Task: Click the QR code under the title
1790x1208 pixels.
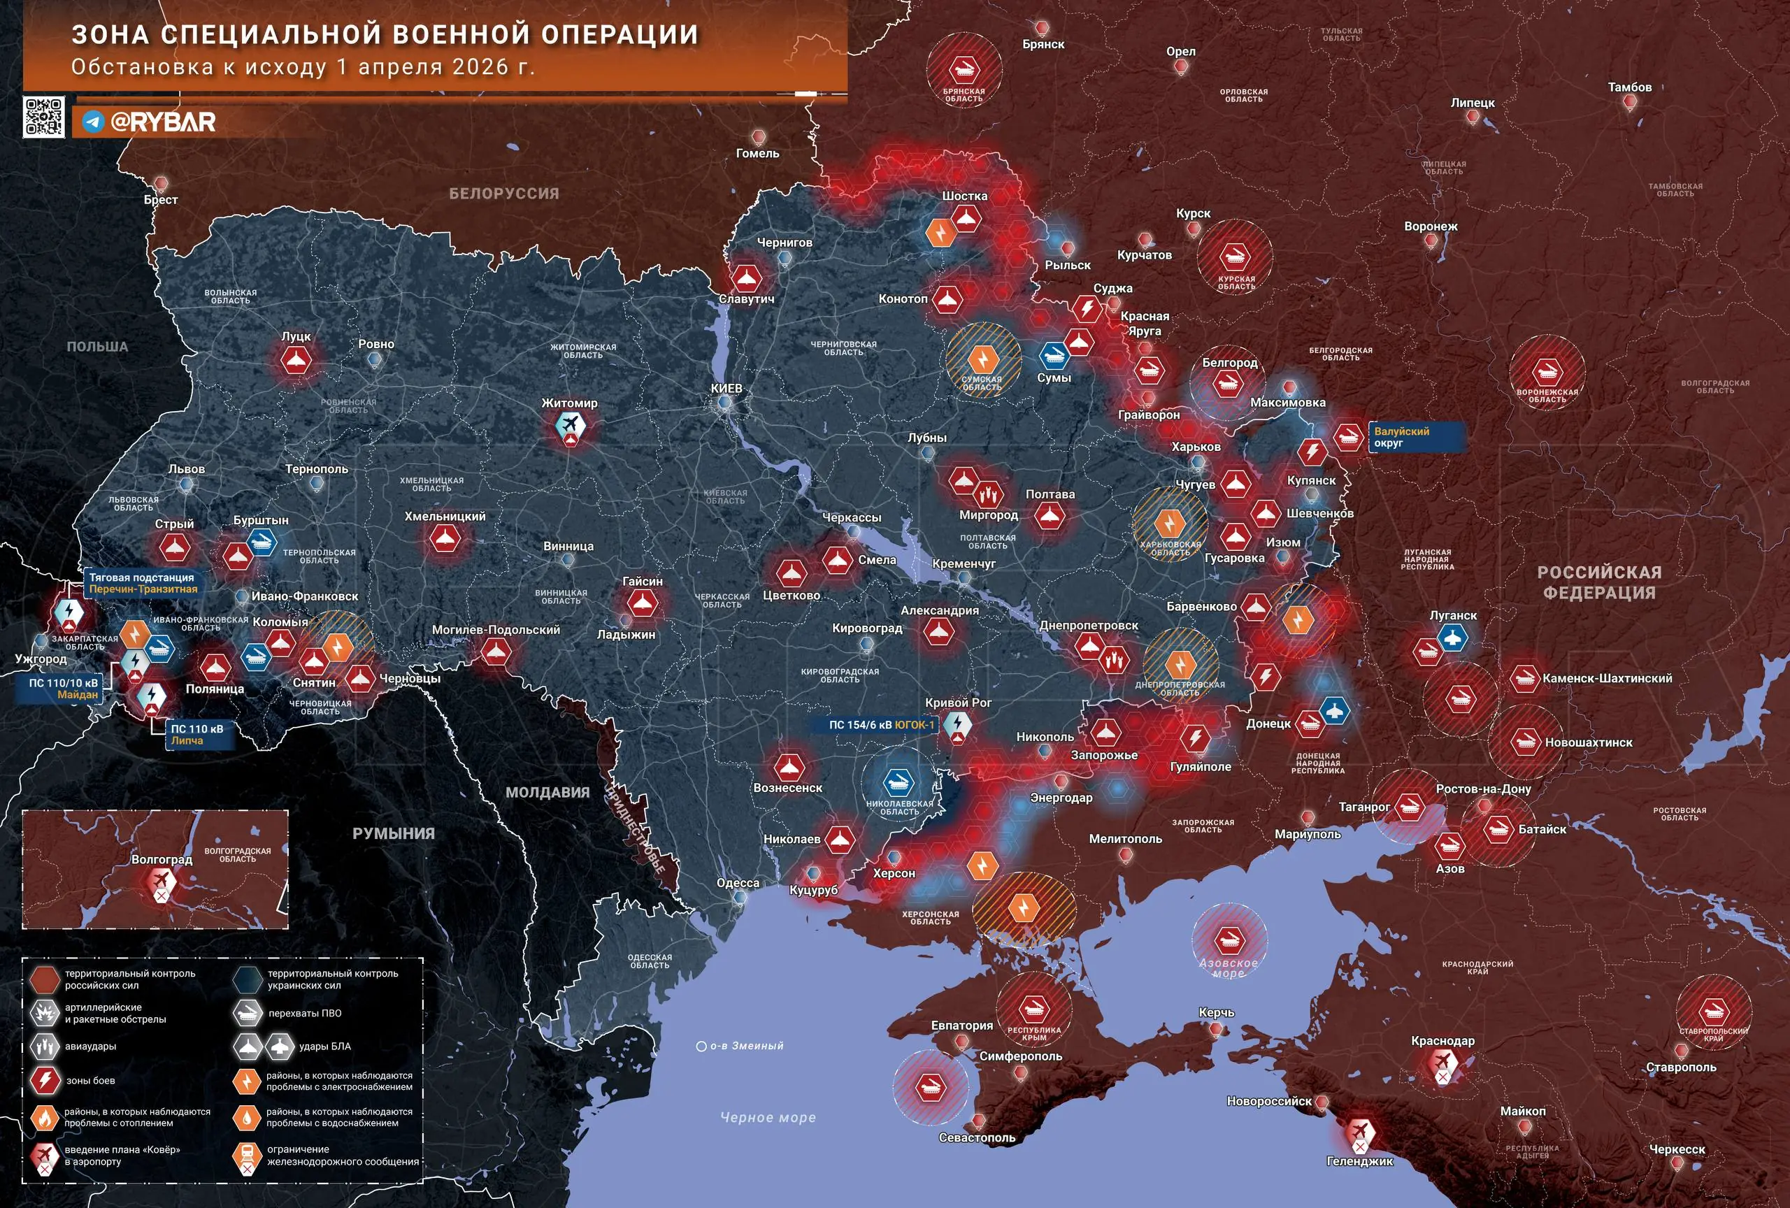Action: pyautogui.click(x=43, y=117)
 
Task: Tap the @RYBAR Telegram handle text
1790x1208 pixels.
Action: pyautogui.click(x=162, y=122)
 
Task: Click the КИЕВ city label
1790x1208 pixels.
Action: pyautogui.click(x=726, y=388)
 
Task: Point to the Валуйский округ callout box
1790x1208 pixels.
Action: pyautogui.click(x=1416, y=436)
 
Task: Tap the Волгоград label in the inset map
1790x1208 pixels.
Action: pyautogui.click(x=162, y=859)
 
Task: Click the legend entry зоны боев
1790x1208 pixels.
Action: pyautogui.click(x=90, y=1080)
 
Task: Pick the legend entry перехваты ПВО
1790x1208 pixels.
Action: pyautogui.click(x=304, y=1013)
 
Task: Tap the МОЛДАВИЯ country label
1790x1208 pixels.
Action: pyautogui.click(x=547, y=792)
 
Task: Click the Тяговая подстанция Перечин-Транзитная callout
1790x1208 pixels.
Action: pyautogui.click(x=143, y=583)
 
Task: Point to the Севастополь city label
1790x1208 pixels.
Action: pyautogui.click(x=976, y=1137)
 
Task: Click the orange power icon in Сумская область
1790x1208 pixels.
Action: pyautogui.click(x=982, y=359)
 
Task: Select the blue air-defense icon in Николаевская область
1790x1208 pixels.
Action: pyautogui.click(x=898, y=783)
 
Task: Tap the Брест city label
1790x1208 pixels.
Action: pyautogui.click(x=160, y=199)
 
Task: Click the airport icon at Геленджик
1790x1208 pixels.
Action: pyautogui.click(x=1361, y=1132)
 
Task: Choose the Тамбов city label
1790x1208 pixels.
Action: pyautogui.click(x=1629, y=87)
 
